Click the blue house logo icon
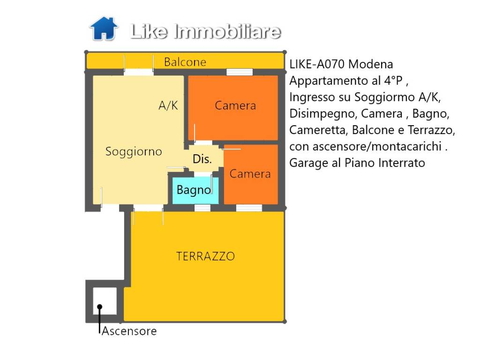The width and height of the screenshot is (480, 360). pos(103,29)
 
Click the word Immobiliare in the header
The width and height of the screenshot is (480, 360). pos(227,31)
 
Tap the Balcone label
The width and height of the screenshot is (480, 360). pos(185,62)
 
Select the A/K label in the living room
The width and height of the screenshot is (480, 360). pos(168,106)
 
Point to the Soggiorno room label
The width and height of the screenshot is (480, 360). pos(134,151)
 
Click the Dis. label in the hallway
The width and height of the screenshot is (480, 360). pos(202,159)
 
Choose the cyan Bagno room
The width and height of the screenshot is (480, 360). pos(194,190)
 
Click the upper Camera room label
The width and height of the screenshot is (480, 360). pos(235,105)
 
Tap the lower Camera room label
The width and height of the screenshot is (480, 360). pos(250,174)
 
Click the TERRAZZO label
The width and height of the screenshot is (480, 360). pos(205,256)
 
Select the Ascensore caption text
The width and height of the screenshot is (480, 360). pos(129,331)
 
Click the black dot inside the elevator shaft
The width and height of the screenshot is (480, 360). pos(100,307)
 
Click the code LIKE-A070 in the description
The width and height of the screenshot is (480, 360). pos(317,64)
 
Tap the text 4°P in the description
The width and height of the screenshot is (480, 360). pos(394,81)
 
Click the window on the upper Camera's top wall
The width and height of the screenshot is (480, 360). pos(240,72)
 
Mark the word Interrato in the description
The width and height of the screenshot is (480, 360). pos(403,163)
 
